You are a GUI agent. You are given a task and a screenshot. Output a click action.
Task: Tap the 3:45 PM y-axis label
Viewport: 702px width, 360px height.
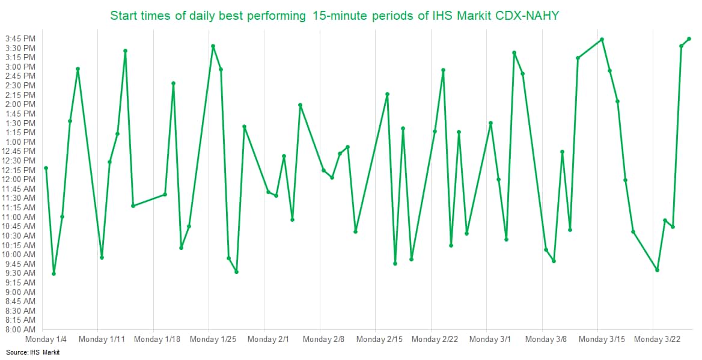(x=20, y=38)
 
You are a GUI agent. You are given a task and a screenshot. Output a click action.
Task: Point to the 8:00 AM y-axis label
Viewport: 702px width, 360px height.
(x=20, y=329)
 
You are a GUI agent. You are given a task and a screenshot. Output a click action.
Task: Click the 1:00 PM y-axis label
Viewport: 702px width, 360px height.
(x=20, y=142)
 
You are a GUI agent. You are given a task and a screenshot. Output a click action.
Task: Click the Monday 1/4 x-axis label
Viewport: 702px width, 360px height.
(x=46, y=340)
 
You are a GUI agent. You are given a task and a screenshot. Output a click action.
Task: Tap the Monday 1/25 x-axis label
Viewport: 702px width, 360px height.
(x=213, y=340)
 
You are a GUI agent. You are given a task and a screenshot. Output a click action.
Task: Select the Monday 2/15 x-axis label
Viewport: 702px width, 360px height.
(x=379, y=340)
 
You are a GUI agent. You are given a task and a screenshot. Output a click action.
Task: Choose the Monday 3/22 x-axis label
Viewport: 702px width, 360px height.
(x=657, y=340)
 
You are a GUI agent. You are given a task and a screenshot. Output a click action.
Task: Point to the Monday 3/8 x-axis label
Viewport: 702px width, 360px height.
(x=546, y=340)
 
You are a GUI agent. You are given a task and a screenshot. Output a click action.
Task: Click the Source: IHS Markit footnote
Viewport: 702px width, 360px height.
(x=33, y=352)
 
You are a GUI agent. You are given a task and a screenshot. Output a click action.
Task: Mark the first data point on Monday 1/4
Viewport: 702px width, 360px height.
(x=46, y=168)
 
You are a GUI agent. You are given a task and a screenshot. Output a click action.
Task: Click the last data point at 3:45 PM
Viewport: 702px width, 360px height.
(x=689, y=39)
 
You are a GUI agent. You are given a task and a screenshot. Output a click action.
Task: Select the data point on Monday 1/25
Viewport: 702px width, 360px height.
(x=213, y=46)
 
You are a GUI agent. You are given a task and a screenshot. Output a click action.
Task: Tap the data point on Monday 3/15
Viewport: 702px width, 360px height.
(x=602, y=40)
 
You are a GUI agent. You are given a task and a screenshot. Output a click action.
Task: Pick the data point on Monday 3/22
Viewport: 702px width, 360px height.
(x=657, y=270)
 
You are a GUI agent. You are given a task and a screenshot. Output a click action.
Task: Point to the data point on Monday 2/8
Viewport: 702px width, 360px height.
(x=324, y=171)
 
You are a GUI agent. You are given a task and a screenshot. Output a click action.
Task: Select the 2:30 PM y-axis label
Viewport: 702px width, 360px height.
(x=20, y=85)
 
